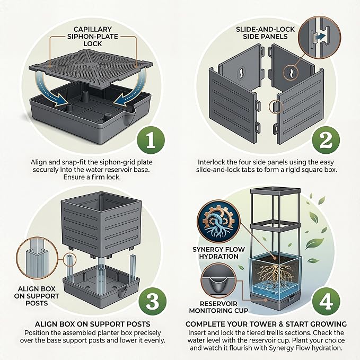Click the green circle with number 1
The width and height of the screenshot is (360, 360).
click(151, 140)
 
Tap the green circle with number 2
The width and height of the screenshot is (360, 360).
click(326, 140)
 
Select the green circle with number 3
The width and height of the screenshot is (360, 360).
click(153, 301)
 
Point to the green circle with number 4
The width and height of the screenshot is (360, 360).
click(326, 301)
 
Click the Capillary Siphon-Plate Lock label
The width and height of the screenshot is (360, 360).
click(93, 36)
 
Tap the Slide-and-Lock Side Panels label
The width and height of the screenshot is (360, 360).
click(265, 33)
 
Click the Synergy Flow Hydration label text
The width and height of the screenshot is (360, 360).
click(218, 253)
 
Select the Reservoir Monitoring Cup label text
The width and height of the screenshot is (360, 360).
click(218, 307)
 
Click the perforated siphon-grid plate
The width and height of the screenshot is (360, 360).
click(91, 68)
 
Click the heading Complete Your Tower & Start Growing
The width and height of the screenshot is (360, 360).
click(266, 324)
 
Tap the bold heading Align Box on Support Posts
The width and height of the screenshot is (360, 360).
click(93, 324)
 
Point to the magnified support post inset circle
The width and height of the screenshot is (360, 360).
click(37, 259)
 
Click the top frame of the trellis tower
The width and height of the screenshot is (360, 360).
click(275, 191)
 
